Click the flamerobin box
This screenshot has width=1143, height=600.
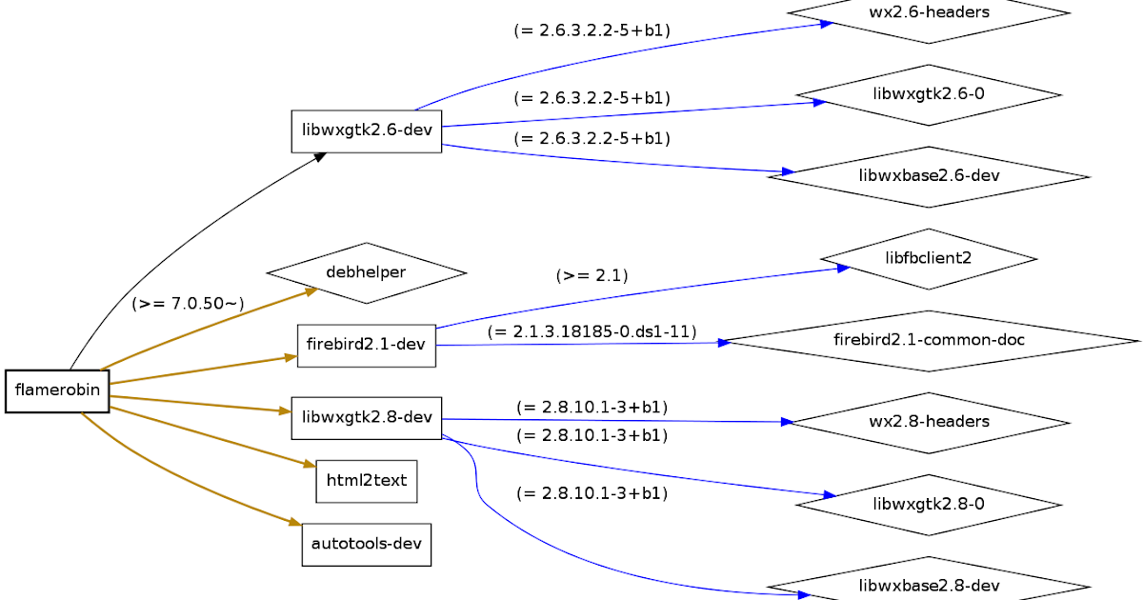[x=57, y=390]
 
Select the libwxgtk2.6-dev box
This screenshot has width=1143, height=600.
[x=366, y=130]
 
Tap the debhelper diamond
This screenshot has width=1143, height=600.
[x=366, y=272]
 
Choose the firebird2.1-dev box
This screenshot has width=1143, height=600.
[x=366, y=345]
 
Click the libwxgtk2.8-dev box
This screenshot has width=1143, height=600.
[x=366, y=417]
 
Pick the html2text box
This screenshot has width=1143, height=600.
[x=366, y=480]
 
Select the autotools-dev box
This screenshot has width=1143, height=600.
[x=366, y=545]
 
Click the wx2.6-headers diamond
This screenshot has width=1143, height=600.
[x=928, y=13]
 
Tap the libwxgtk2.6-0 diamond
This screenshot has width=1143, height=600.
[x=928, y=94]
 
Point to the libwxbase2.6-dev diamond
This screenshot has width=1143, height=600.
[x=928, y=176]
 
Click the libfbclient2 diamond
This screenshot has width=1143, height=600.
[x=928, y=258]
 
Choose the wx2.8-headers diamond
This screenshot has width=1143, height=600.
[x=928, y=422]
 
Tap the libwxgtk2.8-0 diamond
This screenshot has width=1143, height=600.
[x=928, y=504]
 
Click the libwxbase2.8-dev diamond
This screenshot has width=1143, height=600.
[x=928, y=585]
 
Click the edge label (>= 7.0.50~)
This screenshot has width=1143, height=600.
[x=188, y=304]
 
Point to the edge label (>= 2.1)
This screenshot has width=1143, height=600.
[x=592, y=276]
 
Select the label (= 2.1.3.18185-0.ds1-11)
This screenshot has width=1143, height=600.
[x=592, y=331]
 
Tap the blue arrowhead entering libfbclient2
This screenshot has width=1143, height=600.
[x=843, y=269]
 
